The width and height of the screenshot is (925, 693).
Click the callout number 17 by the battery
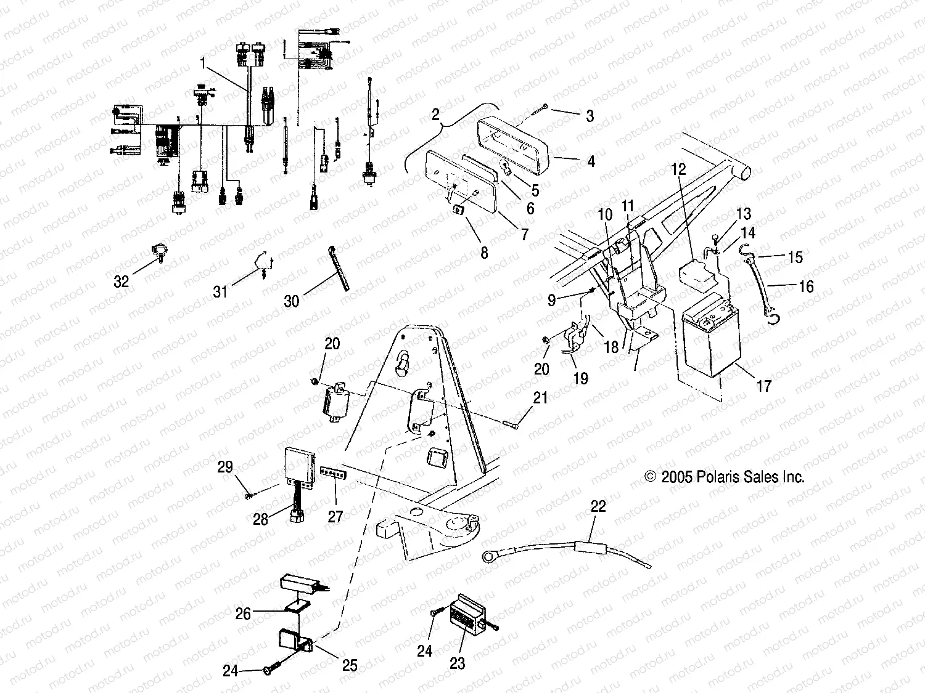coord(763,386)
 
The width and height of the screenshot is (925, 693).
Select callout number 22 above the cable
coord(598,506)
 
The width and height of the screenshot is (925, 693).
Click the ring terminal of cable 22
coord(489,556)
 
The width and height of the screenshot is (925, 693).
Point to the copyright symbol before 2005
coord(650,477)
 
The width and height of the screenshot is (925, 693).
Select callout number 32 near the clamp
coord(121,281)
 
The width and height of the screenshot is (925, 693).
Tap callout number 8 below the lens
coord(484,253)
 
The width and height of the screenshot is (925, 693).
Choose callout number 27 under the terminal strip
coord(335,516)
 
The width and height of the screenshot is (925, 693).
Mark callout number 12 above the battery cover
coord(678,169)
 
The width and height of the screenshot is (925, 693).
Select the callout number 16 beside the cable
coord(806,286)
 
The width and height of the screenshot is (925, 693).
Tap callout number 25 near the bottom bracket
coord(350,665)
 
